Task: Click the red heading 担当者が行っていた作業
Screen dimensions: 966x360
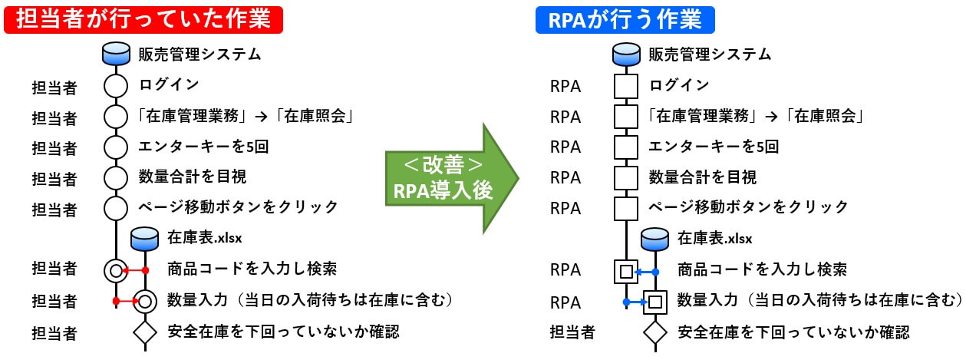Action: click(143, 19)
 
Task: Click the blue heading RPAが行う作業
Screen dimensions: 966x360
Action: click(625, 19)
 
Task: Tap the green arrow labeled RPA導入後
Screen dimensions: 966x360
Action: click(452, 178)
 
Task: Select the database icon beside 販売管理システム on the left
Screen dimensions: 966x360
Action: click(116, 54)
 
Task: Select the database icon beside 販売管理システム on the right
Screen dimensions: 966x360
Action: click(626, 54)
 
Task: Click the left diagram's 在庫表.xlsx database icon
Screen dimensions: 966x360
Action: click(145, 239)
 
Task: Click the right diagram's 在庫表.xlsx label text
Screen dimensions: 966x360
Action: click(714, 238)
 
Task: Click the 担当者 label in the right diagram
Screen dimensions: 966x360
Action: click(572, 332)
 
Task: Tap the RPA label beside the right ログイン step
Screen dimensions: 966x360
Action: click(565, 86)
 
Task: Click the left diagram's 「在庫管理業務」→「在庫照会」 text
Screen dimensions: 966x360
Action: click(245, 116)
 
